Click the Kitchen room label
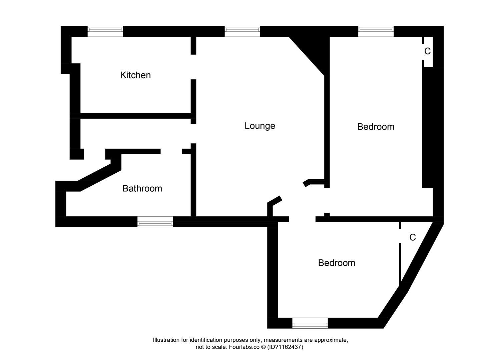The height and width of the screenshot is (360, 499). point(135,75)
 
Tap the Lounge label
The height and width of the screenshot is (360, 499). point(260,126)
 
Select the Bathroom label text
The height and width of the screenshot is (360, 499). point(142,188)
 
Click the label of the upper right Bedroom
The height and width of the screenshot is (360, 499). point(376,127)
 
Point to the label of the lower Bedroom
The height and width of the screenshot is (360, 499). point(336,263)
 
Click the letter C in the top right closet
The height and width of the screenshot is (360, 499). point(427,51)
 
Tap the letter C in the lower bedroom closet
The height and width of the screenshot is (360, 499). point(413,237)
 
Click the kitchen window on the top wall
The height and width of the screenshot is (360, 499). point(105,31)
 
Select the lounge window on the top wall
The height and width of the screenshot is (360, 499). point(242,31)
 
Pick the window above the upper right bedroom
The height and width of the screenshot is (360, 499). point(376,31)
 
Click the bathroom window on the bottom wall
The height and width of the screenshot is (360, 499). point(155,222)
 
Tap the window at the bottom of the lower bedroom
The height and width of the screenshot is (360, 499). point(310,323)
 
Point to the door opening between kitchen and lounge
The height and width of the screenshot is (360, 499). point(193,67)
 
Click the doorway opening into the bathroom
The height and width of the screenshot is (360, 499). point(171,151)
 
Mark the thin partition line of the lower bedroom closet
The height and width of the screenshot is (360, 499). point(400,263)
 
